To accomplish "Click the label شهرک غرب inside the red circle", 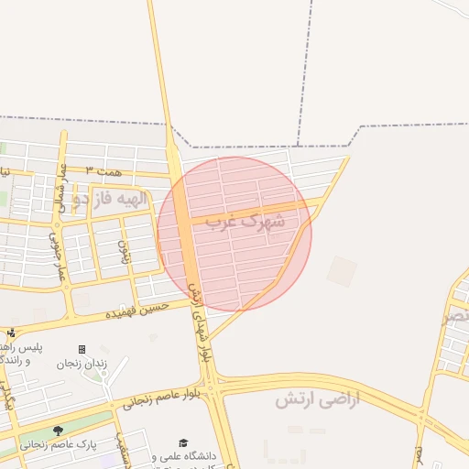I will click(x=245, y=221).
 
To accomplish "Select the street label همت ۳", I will click(x=102, y=171).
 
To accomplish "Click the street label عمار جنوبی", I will click(x=57, y=256).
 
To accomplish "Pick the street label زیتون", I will click(x=123, y=248).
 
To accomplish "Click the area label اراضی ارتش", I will click(x=318, y=398).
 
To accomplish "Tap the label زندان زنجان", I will click(x=82, y=364).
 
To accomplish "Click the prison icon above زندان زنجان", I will click(x=82, y=349).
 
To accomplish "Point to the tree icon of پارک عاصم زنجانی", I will click(x=59, y=430).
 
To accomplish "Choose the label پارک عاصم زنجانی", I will click(x=47, y=444).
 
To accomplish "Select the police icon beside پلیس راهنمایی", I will click(x=11, y=333).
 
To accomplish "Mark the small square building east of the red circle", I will click(x=342, y=270).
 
